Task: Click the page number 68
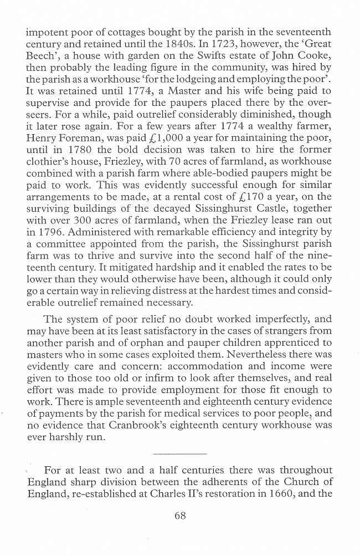click(x=180, y=516)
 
